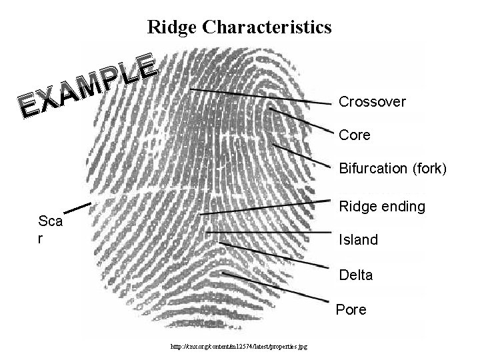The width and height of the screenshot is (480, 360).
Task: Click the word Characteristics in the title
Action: coord(266,27)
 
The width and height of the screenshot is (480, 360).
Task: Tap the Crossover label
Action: coord(372,102)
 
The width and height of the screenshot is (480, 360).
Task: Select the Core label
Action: coord(355,135)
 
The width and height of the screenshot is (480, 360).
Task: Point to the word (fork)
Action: coord(429,168)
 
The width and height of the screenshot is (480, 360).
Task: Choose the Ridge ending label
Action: coord(382,207)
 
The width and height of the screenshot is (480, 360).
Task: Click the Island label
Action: coord(358,240)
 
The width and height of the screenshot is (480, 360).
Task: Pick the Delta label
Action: coord(355,275)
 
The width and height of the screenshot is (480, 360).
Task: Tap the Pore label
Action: coord(351,310)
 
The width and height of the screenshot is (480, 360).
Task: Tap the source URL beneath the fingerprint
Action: coord(243,347)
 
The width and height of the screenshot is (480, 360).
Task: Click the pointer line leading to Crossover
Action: coord(260,97)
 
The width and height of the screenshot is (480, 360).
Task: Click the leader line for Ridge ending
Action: coord(267,207)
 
